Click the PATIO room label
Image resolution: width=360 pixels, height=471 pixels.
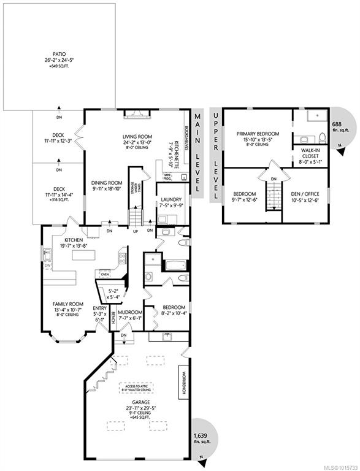pos(59,54)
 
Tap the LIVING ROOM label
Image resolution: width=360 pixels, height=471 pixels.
pos(137,137)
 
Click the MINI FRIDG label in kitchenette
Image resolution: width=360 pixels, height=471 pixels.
pos(166,177)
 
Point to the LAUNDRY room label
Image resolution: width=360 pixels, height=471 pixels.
pos(171,199)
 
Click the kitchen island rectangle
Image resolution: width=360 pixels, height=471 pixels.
pos(83,255)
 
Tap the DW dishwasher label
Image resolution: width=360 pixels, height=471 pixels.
pos(47,265)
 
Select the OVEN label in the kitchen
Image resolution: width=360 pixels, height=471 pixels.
pos(105,274)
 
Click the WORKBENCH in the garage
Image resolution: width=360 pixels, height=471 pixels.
pos(183,382)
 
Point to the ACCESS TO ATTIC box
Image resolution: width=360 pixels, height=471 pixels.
pos(136,388)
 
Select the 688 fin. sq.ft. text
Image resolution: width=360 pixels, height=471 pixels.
pos(339,126)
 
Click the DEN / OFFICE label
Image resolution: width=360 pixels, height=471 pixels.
pos(305,194)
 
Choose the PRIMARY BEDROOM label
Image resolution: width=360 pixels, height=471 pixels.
pos(258,134)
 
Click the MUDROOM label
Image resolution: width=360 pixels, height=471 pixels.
pos(130,312)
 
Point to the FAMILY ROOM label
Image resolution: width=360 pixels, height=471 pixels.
pos(68,304)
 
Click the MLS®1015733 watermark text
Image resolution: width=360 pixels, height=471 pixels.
pos(342,468)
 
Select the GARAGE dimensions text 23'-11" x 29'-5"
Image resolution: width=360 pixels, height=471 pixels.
pos(140,408)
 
